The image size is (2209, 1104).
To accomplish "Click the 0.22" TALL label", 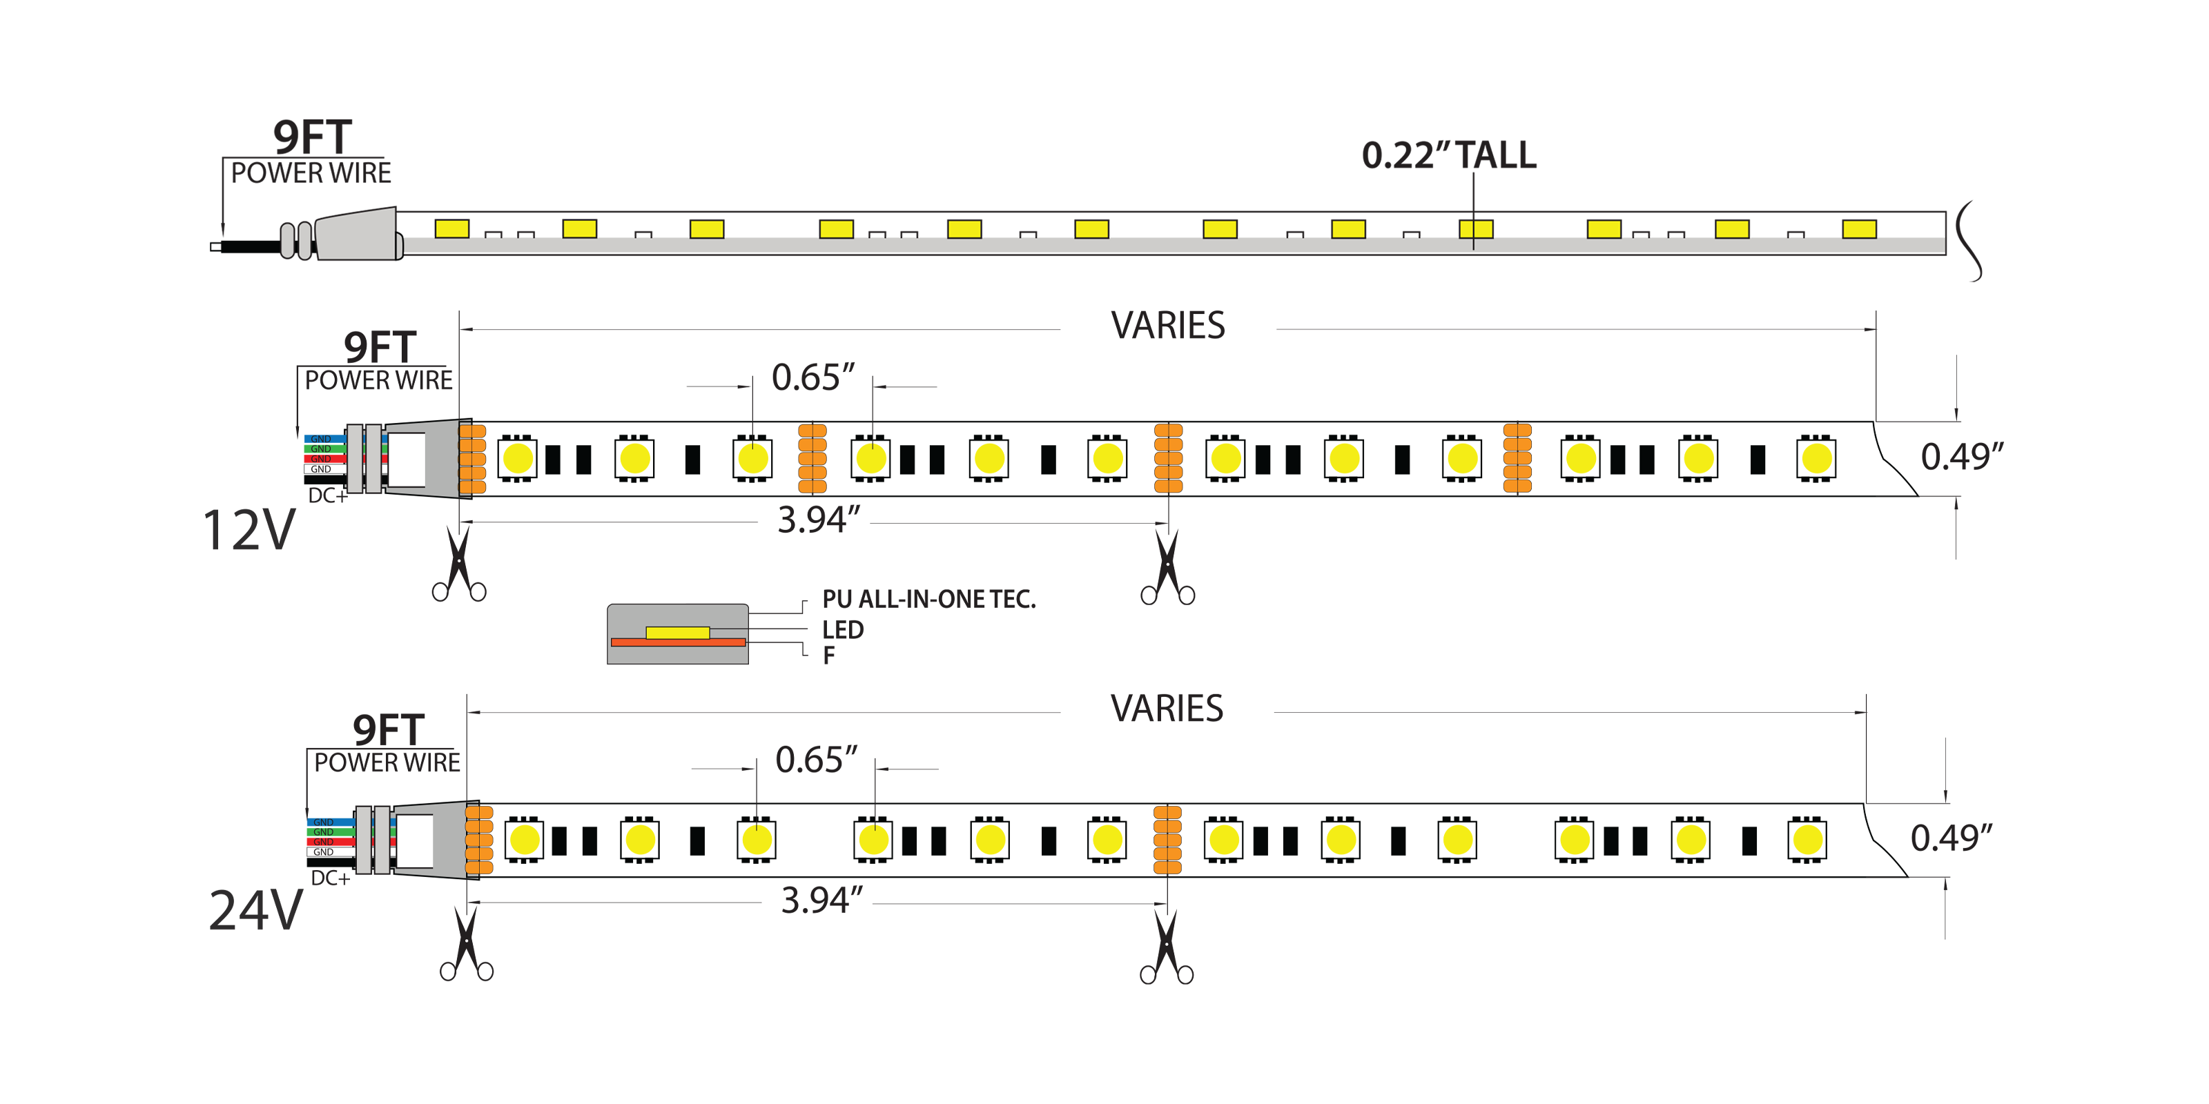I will [1448, 156].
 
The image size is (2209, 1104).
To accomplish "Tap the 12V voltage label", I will [249, 531].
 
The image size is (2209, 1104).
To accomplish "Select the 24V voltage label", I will [255, 910].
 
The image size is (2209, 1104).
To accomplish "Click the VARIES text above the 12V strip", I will [1168, 326].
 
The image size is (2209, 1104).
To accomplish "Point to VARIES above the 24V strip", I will [1166, 709].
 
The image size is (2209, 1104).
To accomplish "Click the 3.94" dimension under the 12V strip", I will [818, 520].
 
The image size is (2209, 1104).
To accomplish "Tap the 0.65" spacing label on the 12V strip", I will [813, 378].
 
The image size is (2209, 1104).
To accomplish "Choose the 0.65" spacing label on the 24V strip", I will [815, 760].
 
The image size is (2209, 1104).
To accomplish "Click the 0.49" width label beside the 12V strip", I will [1961, 457].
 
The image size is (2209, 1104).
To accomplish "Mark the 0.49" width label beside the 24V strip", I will [1951, 838].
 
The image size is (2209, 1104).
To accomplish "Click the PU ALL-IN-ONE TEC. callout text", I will [928, 599].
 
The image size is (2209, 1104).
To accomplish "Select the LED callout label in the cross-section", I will [842, 630].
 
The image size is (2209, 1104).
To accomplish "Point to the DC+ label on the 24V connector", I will [330, 878].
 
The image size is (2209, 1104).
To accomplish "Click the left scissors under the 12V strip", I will [460, 565].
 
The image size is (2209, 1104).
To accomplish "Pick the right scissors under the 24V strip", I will [1166, 947].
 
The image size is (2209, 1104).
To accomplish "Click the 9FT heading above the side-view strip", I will [312, 137].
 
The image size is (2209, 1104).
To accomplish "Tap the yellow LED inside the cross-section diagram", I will [677, 633].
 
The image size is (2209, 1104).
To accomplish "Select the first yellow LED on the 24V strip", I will [524, 840].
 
